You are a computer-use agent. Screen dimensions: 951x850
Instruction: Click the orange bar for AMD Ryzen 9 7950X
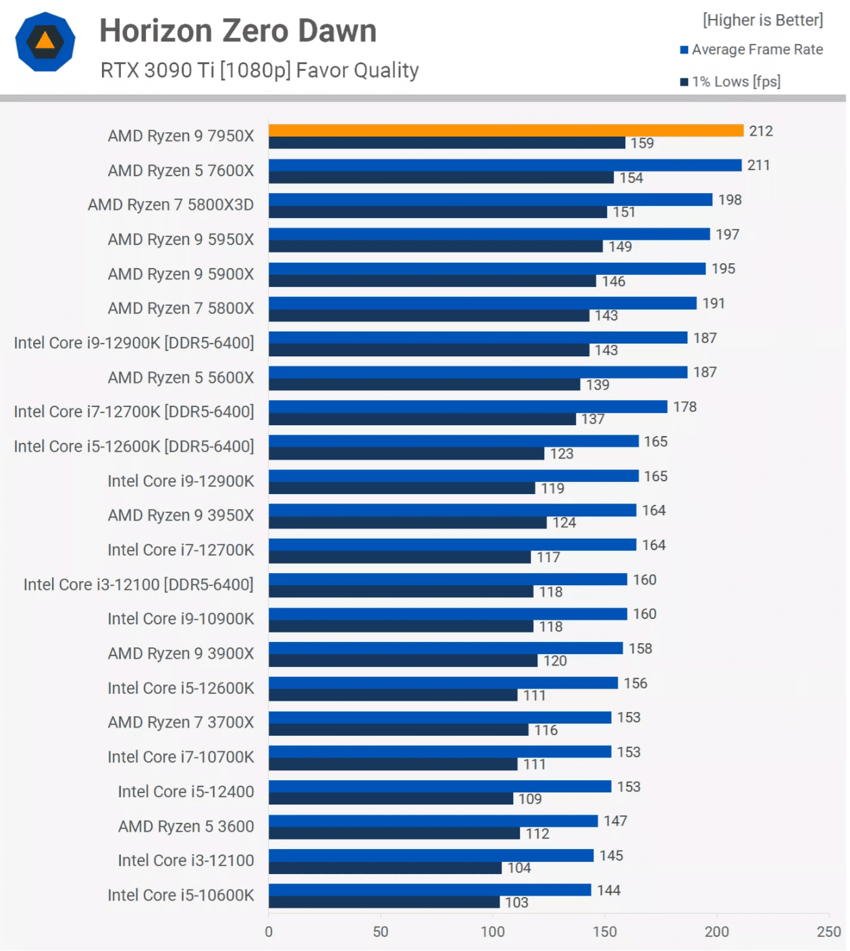(x=506, y=130)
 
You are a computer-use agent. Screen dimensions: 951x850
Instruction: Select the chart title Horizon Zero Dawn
(x=238, y=31)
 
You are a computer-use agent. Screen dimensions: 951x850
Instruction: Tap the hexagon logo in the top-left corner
(x=45, y=42)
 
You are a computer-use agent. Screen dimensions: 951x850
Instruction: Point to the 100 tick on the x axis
(x=492, y=931)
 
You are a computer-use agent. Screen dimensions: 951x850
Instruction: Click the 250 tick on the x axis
(x=828, y=931)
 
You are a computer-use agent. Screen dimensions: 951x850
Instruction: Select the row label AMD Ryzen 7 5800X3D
(x=170, y=205)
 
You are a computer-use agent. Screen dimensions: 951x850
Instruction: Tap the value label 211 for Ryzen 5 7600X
(x=758, y=165)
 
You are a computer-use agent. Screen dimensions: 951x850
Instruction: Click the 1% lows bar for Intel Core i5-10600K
(x=384, y=902)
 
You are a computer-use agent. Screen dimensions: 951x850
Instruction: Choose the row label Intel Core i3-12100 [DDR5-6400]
(x=138, y=585)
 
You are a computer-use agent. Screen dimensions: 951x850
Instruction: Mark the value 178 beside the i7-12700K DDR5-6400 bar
(x=685, y=407)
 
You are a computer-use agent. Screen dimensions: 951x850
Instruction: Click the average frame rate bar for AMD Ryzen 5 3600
(x=433, y=821)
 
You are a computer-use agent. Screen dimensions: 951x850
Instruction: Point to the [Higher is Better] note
(x=762, y=20)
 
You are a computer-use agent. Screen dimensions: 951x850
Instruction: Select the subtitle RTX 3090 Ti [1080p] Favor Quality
(x=259, y=70)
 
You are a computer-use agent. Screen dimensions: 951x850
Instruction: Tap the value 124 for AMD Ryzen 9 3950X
(x=564, y=523)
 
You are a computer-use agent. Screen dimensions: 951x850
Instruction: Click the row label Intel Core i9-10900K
(x=180, y=619)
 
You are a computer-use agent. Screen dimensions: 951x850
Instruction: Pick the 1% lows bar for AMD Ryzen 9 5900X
(x=432, y=281)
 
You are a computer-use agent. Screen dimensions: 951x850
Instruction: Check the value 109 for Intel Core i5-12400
(x=530, y=799)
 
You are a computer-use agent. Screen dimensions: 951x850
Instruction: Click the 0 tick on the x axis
(x=269, y=931)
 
